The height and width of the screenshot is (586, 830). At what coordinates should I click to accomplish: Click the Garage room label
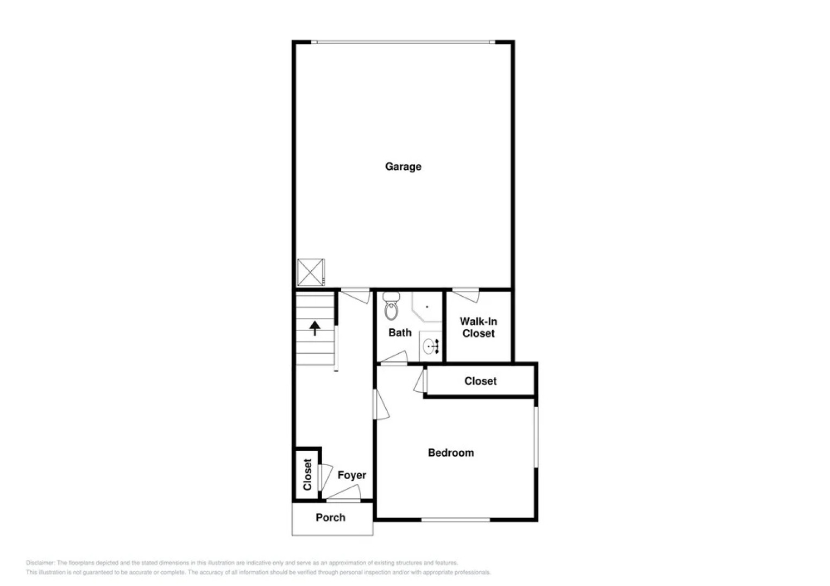click(x=403, y=167)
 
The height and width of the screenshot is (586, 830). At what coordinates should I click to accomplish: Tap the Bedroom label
click(x=451, y=453)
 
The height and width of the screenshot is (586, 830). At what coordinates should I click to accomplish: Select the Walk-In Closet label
click(x=479, y=328)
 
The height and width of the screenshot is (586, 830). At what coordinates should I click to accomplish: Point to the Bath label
click(x=400, y=333)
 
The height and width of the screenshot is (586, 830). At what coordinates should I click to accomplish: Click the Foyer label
click(x=351, y=475)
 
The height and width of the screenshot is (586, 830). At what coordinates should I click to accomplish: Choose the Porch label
click(x=330, y=518)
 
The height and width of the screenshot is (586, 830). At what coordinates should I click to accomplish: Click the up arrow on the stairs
click(x=315, y=328)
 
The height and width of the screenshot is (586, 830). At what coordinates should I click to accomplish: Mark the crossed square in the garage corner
click(x=311, y=272)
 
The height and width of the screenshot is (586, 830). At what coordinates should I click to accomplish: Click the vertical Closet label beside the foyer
click(x=307, y=474)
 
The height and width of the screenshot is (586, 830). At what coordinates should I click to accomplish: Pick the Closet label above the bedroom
click(x=480, y=381)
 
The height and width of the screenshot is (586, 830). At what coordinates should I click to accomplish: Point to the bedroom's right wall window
click(x=536, y=436)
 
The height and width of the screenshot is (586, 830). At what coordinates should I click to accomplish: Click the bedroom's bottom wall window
click(x=456, y=520)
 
